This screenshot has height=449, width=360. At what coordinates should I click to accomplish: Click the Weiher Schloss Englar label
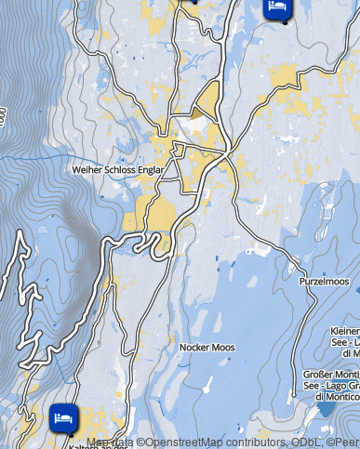point(117,171)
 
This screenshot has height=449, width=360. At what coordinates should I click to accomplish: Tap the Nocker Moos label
point(207,348)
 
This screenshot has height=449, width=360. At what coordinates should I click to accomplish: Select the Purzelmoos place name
point(324,281)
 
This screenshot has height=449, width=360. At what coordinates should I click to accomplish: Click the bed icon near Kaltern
point(63,417)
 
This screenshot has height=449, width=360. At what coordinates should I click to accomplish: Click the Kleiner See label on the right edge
point(345,341)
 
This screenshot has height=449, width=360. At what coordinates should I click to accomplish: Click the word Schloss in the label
point(117,171)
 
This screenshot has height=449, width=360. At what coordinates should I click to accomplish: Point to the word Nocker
point(193,348)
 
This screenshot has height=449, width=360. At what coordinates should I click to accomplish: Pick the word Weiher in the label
point(87,171)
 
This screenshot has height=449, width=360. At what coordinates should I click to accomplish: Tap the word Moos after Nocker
point(223,348)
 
